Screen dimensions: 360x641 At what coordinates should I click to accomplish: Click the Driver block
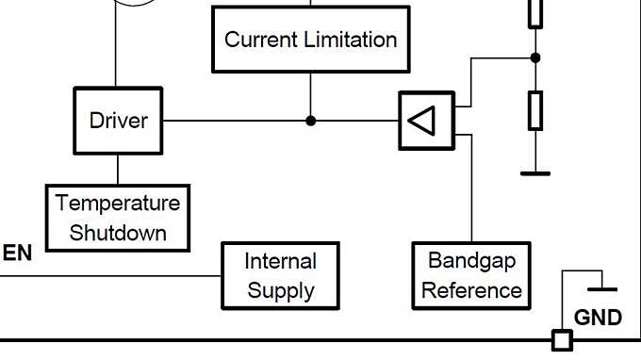(x=118, y=121)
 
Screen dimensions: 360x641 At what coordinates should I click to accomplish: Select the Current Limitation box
(x=310, y=40)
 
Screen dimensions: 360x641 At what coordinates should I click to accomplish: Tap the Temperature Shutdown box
(x=118, y=218)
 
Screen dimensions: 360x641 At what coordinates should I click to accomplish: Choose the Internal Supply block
(x=281, y=275)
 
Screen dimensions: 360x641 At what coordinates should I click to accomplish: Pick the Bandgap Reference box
(x=471, y=275)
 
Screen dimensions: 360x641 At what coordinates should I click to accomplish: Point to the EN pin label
(x=17, y=253)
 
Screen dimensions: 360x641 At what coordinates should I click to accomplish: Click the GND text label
(x=598, y=318)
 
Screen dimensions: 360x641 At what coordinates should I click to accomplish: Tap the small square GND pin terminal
(x=562, y=339)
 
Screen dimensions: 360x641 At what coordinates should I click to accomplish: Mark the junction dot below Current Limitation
(x=310, y=121)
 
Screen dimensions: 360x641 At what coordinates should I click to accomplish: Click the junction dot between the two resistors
(x=535, y=57)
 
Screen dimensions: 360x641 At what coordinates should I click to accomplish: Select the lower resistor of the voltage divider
(x=535, y=110)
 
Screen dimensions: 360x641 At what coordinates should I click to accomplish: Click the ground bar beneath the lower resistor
(x=535, y=172)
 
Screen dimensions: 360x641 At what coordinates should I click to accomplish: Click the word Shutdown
(x=118, y=232)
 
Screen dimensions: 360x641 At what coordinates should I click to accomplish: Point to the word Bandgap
(x=471, y=260)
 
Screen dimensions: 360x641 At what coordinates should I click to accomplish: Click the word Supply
(x=281, y=290)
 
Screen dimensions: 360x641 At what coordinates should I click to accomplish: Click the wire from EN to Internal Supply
(x=113, y=275)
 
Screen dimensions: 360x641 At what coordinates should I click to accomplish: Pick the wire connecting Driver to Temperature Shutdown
(x=118, y=170)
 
